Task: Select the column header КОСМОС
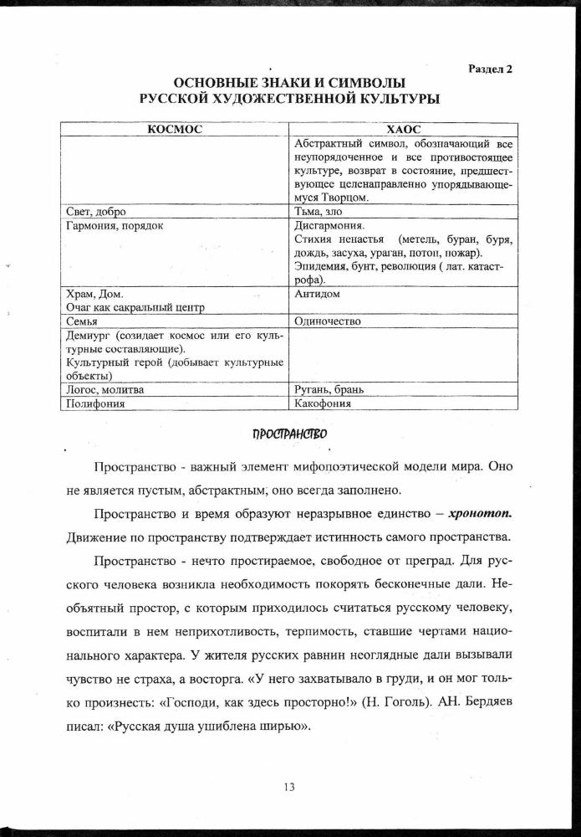tap(174, 130)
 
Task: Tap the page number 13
tap(290, 786)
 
